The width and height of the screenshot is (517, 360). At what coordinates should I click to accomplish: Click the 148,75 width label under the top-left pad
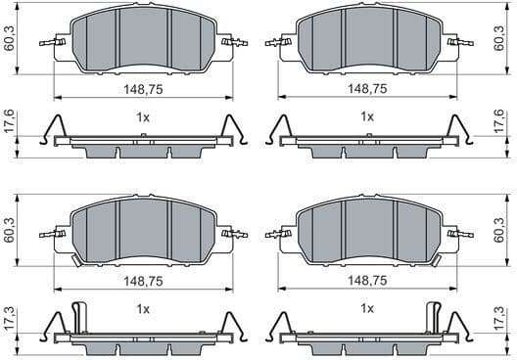pos(142,88)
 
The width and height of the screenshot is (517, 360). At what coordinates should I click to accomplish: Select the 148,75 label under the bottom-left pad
pos(142,280)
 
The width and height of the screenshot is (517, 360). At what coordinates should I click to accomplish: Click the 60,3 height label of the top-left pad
pos(9,40)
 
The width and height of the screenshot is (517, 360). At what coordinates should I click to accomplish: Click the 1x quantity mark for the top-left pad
pos(142,116)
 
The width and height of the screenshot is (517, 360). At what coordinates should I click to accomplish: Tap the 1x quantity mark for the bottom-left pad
pos(142,309)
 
